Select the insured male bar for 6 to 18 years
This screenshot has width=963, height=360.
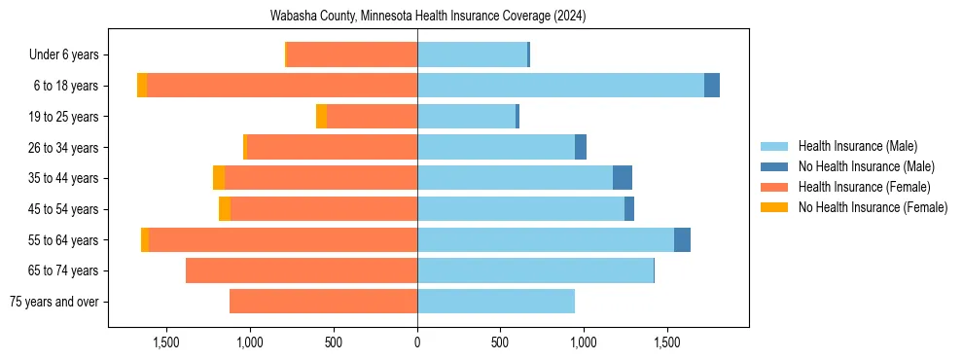coord(560,86)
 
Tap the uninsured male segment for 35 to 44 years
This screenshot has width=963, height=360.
coord(623,178)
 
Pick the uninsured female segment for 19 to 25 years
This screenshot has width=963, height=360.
coord(321,117)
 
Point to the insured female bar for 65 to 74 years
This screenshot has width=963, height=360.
coord(302,270)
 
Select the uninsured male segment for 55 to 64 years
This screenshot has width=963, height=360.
coord(682,239)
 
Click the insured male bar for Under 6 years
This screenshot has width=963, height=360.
coord(472,54)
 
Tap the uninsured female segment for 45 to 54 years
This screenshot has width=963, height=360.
coord(225,209)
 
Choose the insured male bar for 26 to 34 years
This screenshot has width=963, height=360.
coord(496,147)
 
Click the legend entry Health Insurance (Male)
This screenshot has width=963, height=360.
coord(857,146)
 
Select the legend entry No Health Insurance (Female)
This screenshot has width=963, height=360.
coord(873,207)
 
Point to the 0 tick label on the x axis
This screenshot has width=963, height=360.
coord(417,342)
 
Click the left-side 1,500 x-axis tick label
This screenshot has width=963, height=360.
coord(166,342)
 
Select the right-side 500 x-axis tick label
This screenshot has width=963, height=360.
coord(500,342)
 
